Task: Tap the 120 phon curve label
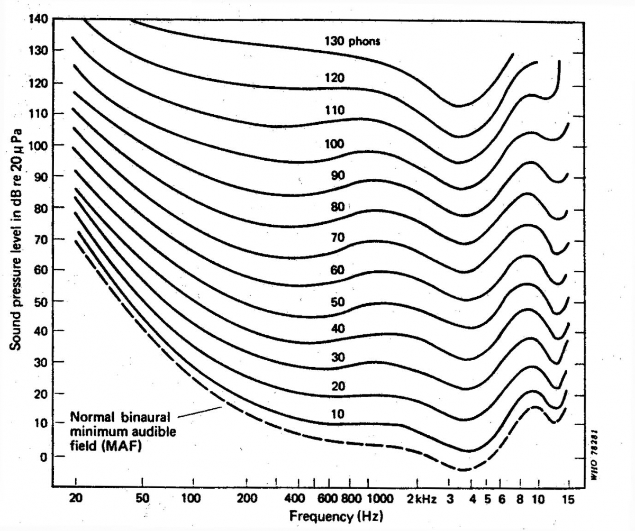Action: coord(334,78)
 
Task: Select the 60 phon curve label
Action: coord(337,270)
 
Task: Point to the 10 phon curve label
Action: coord(337,414)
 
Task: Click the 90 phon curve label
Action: coord(338,176)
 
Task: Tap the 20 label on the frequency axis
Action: coord(76,498)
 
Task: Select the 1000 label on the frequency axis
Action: coord(380,498)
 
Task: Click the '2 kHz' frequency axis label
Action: coord(421,498)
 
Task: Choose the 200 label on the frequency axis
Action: coord(247,498)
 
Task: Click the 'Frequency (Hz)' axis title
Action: coord(335,515)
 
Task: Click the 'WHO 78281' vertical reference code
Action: coord(593,454)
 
